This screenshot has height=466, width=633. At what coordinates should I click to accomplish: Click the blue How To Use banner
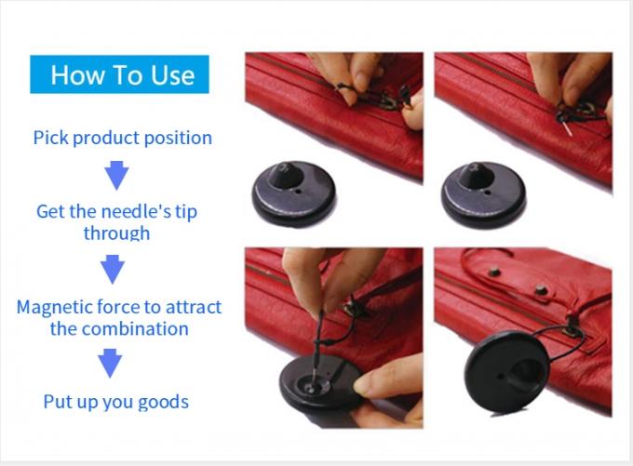119,74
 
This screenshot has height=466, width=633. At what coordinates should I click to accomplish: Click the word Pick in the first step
51,138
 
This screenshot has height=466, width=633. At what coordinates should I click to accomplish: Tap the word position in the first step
178,139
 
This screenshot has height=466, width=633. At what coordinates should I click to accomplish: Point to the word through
116,233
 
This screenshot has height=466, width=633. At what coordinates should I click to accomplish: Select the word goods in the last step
164,403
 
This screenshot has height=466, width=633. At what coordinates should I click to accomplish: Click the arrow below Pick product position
116,175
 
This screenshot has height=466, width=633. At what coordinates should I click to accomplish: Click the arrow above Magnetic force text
113,269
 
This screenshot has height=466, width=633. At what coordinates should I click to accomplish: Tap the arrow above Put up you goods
110,363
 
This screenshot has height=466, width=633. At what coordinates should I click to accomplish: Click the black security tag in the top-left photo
294,193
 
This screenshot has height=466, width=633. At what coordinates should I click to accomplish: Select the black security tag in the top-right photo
483,194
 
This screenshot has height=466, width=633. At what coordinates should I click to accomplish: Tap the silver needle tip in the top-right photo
568,129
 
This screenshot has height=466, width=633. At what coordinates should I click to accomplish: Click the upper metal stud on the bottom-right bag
494,273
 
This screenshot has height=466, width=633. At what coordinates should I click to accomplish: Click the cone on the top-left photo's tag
285,175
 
